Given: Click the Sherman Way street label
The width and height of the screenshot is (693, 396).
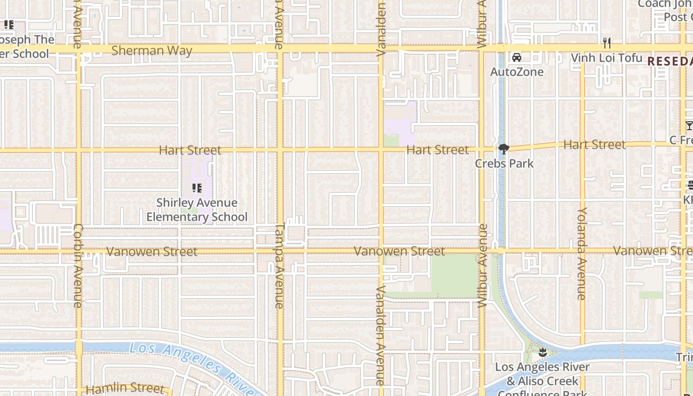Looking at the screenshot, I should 151,50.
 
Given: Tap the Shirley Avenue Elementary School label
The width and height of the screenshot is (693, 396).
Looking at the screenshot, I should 197,210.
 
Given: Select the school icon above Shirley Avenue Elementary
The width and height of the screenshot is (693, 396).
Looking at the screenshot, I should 197,188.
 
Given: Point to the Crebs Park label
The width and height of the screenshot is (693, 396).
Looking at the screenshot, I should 504,163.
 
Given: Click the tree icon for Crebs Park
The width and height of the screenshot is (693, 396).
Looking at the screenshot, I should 504,148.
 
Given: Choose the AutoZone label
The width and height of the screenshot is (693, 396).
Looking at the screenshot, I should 517,72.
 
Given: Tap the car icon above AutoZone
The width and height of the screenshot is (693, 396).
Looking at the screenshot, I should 517,57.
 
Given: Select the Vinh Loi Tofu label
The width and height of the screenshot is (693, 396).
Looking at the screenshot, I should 606,58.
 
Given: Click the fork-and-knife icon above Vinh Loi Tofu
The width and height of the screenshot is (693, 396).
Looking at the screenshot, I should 607,43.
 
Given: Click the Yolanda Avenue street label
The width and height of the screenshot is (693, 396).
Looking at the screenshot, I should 582,253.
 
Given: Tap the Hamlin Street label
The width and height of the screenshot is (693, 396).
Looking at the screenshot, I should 125,389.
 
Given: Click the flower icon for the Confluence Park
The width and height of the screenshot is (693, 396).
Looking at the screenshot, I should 543,353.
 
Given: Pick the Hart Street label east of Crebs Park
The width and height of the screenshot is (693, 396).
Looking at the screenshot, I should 594,145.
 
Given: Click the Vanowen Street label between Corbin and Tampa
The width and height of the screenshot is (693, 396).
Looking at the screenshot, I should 151,251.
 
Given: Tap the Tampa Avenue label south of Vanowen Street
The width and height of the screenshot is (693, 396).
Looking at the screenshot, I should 279,267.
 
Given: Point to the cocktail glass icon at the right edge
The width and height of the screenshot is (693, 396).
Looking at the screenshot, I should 689,126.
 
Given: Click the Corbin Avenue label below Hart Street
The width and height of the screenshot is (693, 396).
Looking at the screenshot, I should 78,266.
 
